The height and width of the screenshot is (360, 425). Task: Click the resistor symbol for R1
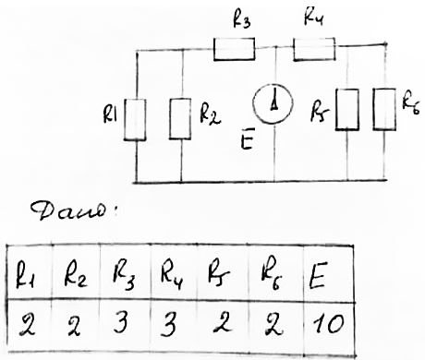pos(135,120)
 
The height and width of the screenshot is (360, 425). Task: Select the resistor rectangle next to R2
pos(180,119)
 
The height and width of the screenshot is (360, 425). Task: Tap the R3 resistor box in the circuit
pos(235,49)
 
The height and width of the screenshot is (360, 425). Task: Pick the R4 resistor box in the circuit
pos(314,49)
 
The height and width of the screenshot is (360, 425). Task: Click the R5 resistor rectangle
pos(347,110)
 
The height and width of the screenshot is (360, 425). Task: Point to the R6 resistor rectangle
pos(384,109)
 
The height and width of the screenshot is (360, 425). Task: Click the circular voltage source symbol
pos(273,104)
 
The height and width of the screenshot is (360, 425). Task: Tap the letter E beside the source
pos(247,142)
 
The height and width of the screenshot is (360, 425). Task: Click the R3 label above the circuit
pos(242,21)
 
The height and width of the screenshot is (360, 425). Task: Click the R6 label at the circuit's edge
pos(411,105)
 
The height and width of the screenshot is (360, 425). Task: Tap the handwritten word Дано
pos(72,211)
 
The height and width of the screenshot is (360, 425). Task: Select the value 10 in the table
pos(328,324)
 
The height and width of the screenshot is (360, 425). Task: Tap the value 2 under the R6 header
pos(273,325)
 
